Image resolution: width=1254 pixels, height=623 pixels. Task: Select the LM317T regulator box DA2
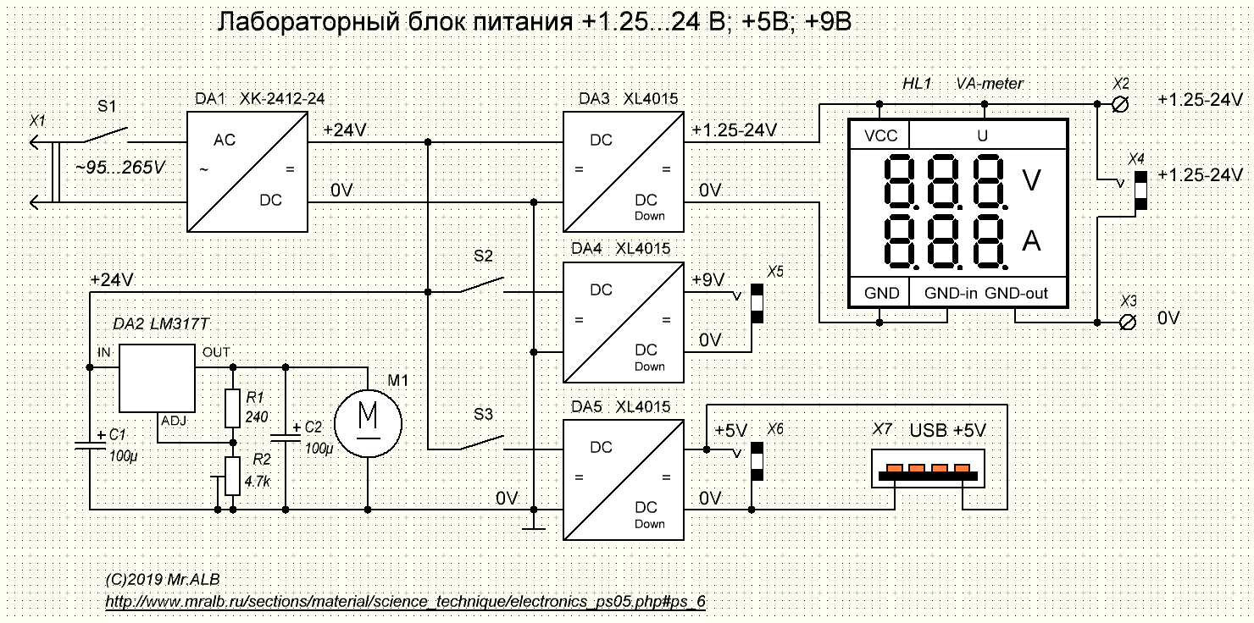click(157, 378)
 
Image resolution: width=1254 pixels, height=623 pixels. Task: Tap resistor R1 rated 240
click(233, 408)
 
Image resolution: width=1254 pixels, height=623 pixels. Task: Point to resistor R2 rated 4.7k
click(233, 480)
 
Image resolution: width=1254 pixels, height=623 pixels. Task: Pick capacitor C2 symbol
click(285, 438)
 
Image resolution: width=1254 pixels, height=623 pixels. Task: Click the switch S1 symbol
click(106, 135)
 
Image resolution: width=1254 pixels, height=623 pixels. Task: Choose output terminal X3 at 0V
click(1126, 322)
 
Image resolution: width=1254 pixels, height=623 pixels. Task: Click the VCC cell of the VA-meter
click(880, 135)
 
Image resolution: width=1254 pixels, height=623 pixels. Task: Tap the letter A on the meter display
click(1031, 242)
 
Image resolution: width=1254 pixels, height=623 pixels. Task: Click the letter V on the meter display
click(1031, 179)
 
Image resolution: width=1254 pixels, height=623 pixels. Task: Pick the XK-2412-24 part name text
click(283, 99)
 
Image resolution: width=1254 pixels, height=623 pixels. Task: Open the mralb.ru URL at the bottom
click(405, 601)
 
